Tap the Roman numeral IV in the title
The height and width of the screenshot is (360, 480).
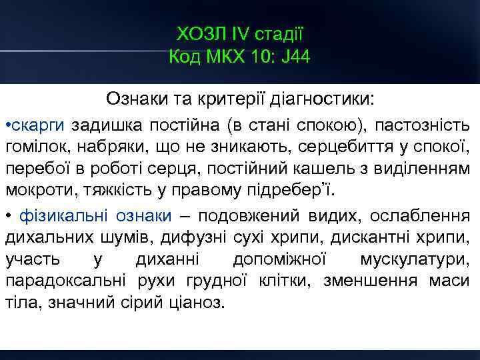pos(239,33)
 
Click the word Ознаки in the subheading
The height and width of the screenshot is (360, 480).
pos(133,100)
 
